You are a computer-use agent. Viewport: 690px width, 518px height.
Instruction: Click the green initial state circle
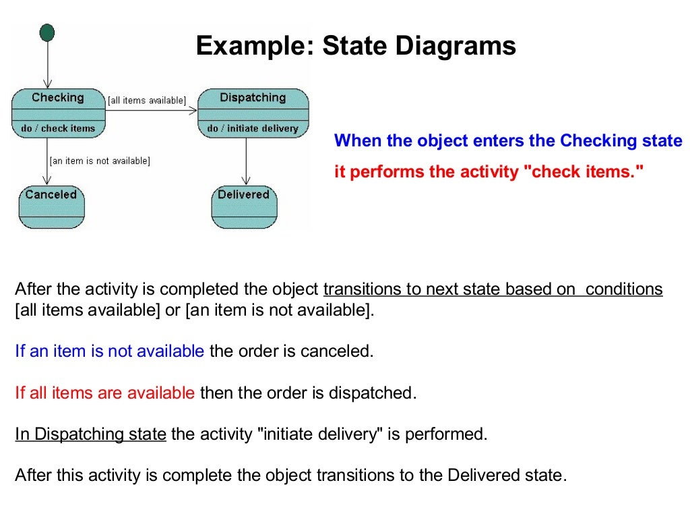click(47, 32)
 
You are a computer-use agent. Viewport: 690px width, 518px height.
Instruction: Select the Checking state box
click(58, 113)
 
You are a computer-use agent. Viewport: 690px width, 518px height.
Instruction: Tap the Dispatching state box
click(253, 113)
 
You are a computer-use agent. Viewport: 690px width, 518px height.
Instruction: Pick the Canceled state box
click(51, 208)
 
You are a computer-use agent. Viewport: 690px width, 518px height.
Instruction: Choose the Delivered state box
click(244, 208)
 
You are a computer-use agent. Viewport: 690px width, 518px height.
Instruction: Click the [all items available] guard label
click(147, 100)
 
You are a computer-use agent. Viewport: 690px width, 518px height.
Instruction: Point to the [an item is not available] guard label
click(100, 161)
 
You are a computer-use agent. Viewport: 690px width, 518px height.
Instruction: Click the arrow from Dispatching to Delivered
click(247, 162)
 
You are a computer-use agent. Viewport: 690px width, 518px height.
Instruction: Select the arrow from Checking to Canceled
click(46, 162)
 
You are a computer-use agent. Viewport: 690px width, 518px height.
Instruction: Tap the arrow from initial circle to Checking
click(47, 65)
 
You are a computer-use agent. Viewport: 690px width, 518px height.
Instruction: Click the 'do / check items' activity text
click(58, 128)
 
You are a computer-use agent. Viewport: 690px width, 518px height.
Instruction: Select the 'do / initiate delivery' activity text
click(253, 128)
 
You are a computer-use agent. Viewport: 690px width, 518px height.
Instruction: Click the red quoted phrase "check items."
click(584, 172)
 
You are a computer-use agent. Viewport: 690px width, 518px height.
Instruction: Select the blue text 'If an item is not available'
click(109, 351)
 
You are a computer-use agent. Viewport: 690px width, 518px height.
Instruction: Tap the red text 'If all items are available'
click(104, 393)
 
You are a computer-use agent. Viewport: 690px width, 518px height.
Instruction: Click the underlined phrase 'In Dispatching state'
click(90, 434)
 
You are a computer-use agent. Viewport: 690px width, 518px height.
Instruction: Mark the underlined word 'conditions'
click(624, 289)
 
